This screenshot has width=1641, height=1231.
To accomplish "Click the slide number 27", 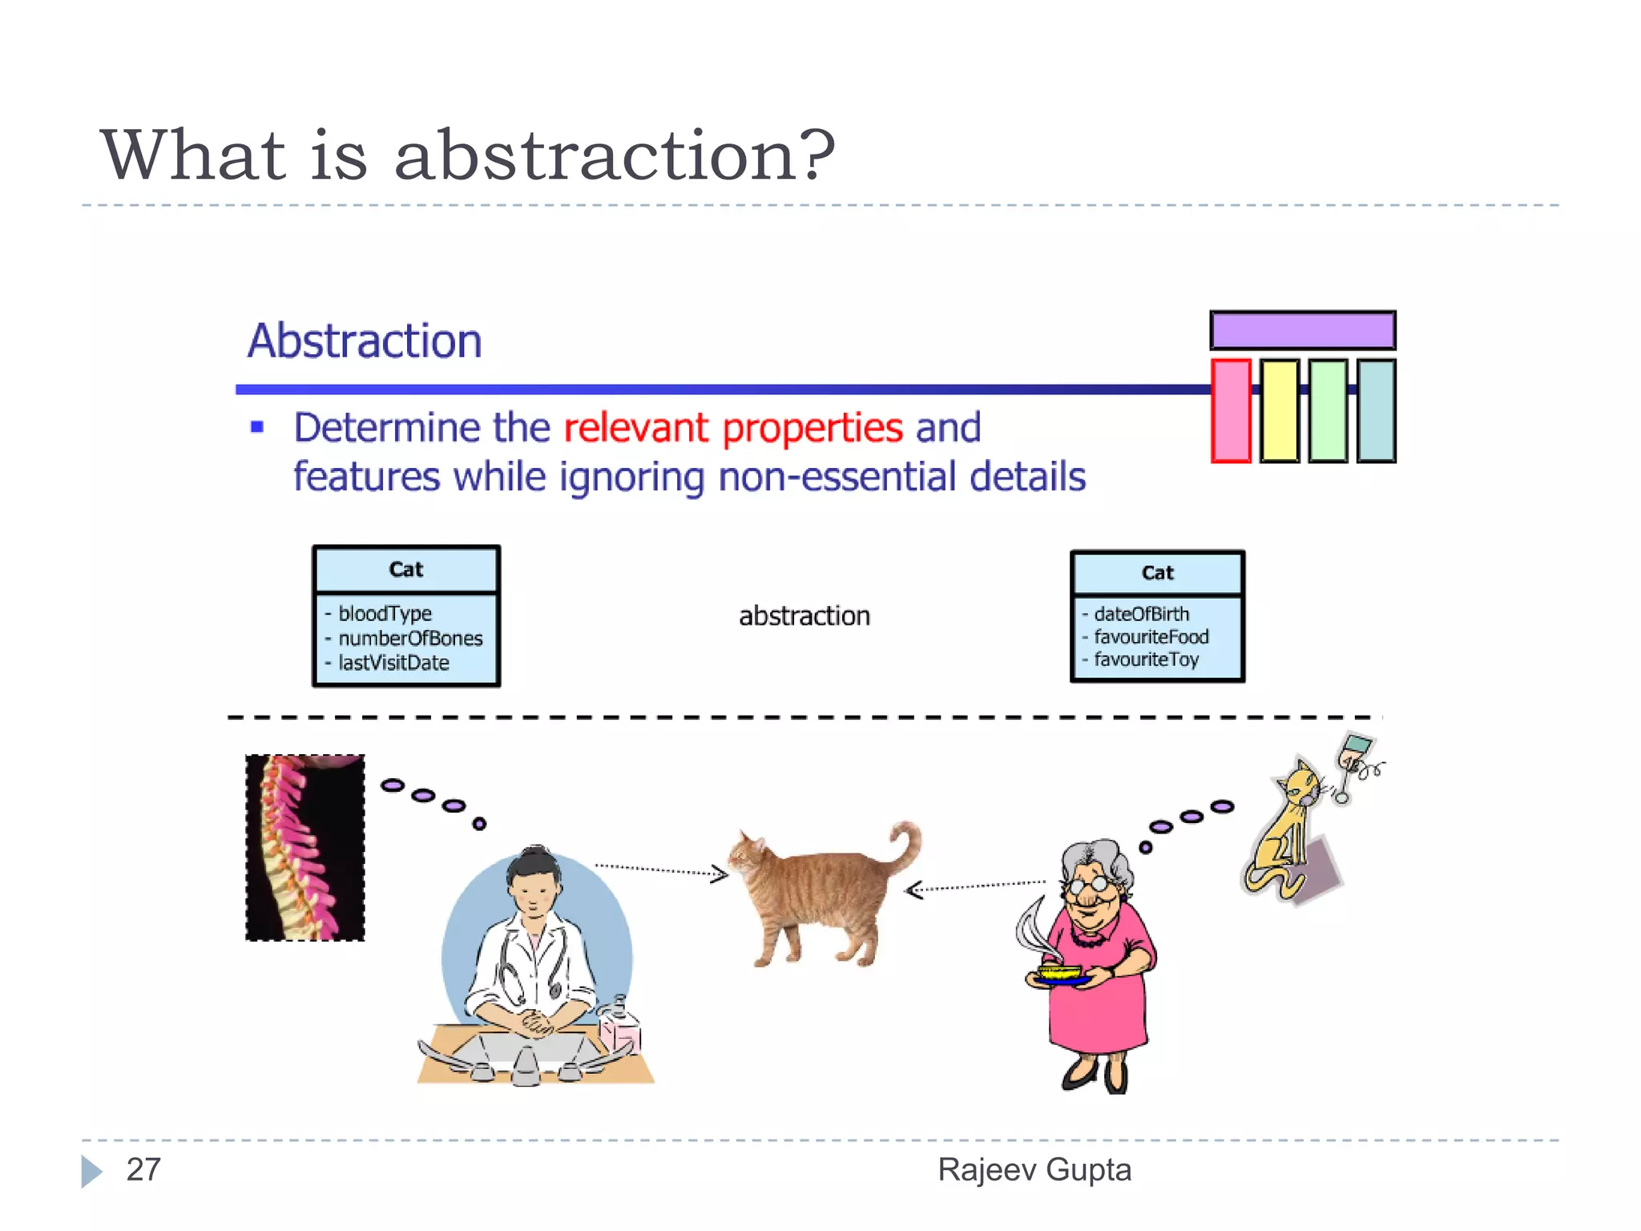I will (143, 1169).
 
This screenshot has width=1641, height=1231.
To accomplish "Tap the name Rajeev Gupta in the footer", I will (1034, 1169).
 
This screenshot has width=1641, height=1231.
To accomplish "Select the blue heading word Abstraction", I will (365, 341).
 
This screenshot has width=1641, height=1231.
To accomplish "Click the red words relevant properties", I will (732, 427).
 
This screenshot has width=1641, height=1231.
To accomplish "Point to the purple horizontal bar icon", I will (1302, 330).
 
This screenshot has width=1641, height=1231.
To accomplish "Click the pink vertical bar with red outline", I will (1231, 410).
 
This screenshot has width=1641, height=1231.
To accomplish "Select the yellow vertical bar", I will (1279, 410).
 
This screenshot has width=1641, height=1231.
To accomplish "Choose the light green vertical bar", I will (1328, 410).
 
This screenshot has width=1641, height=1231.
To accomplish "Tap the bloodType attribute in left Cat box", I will (385, 613).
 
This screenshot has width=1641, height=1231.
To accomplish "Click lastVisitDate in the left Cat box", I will (393, 663).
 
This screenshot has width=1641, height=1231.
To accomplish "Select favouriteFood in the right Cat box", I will (1151, 636).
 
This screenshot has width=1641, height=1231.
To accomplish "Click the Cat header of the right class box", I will (1157, 573).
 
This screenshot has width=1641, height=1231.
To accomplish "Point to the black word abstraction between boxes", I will (804, 615).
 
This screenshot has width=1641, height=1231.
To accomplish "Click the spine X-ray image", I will (305, 847).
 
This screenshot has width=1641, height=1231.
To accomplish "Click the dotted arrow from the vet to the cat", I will (661, 870).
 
